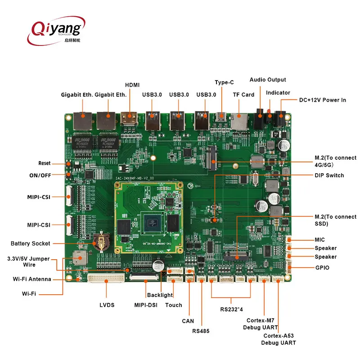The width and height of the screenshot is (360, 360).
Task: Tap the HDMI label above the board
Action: tap(132, 85)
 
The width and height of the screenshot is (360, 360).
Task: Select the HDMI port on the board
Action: tap(130, 119)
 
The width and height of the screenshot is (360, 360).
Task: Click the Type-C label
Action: tap(224, 82)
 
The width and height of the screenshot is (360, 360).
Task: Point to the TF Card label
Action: tap(243, 94)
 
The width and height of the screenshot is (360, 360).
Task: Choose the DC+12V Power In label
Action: tap(323, 100)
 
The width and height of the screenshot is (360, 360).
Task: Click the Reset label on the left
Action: tap(45, 163)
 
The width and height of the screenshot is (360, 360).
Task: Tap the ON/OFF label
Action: tap(41, 175)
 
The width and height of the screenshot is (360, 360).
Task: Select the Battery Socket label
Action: tap(31, 243)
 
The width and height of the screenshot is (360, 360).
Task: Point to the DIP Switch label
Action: tap(329, 175)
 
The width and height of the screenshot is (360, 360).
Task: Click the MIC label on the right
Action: tap(319, 240)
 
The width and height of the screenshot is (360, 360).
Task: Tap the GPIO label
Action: tap(322, 268)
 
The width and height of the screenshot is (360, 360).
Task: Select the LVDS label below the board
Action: tap(107, 305)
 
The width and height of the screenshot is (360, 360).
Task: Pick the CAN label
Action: tap(188, 321)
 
